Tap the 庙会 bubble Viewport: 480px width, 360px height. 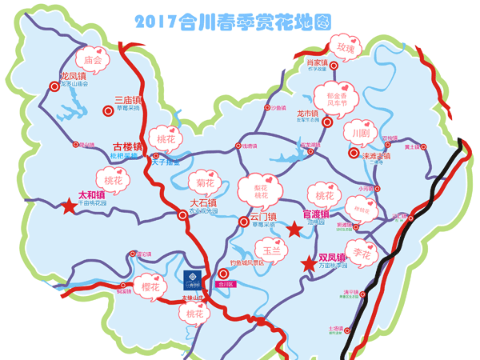93,59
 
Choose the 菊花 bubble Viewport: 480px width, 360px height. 206,183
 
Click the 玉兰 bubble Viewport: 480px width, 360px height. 271,250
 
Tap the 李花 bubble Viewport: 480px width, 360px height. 362,254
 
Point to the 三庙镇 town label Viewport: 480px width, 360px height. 126,101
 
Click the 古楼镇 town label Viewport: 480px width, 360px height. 126,146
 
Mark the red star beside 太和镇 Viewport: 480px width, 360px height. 69,206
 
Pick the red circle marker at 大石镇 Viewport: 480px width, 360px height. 181,214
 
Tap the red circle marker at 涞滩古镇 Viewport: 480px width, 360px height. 353,152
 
